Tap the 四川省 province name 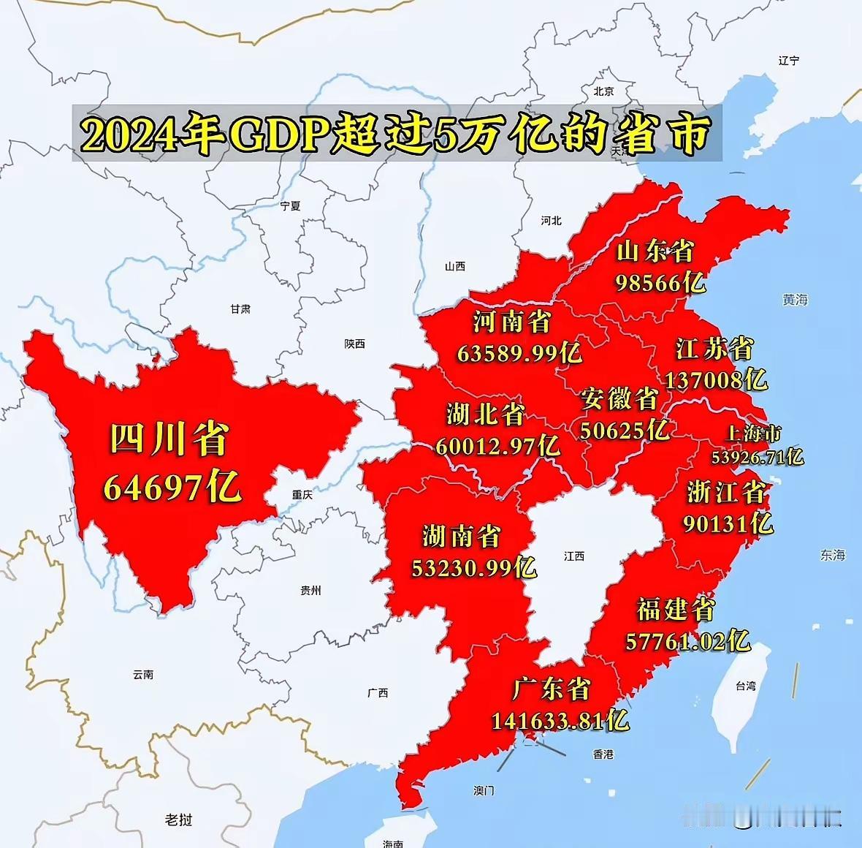(169, 439)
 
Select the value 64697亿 (172, 487)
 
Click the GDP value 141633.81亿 (560, 721)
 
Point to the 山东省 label (655, 251)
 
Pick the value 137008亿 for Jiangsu (716, 379)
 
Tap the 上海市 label (753, 434)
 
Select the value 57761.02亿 (687, 641)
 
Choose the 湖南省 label (462, 537)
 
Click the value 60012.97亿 (497, 445)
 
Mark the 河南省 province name (512, 322)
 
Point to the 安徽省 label (619, 399)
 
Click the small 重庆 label (302, 495)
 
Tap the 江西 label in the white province (574, 556)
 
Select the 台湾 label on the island (746, 686)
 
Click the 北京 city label (603, 91)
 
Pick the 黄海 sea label (795, 300)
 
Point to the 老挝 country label (178, 819)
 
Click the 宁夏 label (290, 206)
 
